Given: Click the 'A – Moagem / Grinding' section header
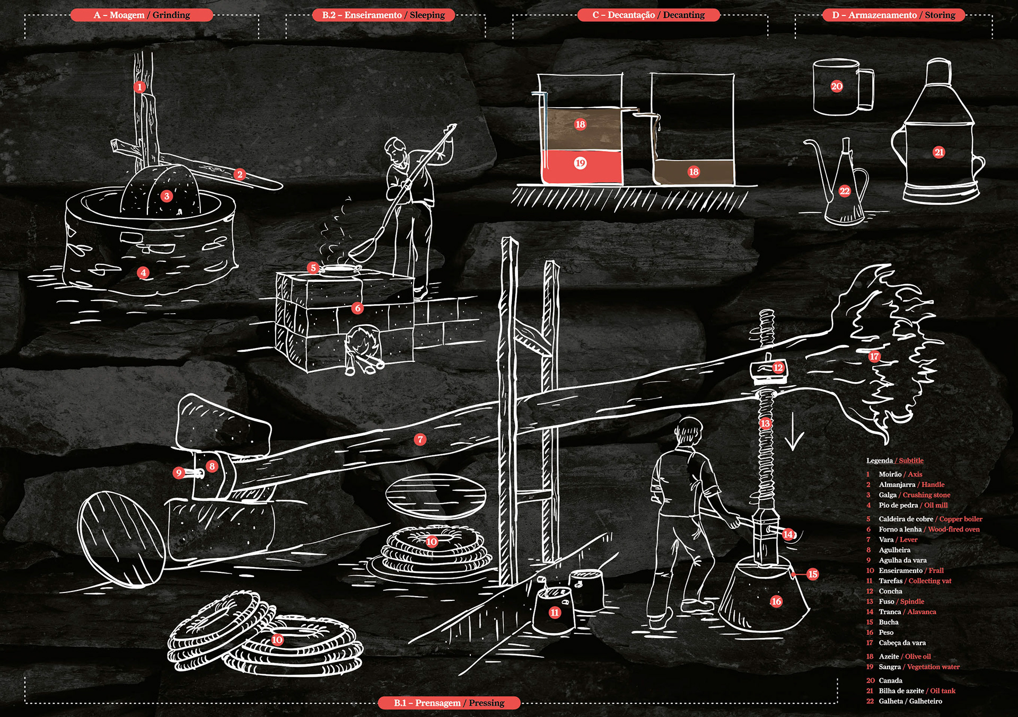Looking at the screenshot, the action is coord(142,15).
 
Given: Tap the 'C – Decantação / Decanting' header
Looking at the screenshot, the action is coord(648,15).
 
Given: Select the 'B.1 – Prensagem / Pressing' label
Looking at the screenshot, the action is coord(449,703).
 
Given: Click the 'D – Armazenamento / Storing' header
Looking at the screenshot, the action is coord(893,15).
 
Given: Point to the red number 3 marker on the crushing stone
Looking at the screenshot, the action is coord(166,196).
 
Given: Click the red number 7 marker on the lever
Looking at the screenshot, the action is coord(420,439).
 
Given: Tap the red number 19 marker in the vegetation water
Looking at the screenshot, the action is coord(580,163).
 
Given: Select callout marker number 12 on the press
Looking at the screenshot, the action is coord(778,368).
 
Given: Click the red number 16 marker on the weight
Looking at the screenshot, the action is coord(776,601).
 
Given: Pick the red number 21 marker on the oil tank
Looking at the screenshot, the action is coord(939,153).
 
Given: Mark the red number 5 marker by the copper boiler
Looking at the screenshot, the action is coord(313,268).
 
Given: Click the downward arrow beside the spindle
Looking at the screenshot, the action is coord(794,432).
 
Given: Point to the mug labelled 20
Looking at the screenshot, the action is coord(840,87).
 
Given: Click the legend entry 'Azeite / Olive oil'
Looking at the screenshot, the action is coord(905,657).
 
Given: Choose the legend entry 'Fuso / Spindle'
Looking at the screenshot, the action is coord(901,601).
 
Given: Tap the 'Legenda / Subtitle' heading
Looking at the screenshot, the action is coord(895,461).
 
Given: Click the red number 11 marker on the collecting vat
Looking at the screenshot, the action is coord(555,613).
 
